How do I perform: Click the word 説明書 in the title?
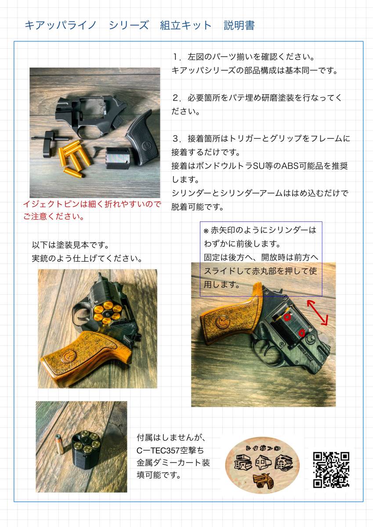coord(239,25)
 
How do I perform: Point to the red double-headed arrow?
coord(317,313)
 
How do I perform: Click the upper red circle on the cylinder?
coord(287,317)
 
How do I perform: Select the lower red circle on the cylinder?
coord(302,333)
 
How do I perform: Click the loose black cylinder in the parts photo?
coord(118,158)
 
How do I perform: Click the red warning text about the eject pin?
coord(92,210)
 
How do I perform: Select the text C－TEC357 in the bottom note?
coord(158,450)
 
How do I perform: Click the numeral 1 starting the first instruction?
coord(175,57)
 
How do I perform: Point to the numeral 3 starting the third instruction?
coord(176,139)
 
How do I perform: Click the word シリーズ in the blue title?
coord(129,25)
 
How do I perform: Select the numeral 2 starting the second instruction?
coord(176,98)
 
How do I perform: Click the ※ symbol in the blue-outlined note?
coord(206,231)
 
